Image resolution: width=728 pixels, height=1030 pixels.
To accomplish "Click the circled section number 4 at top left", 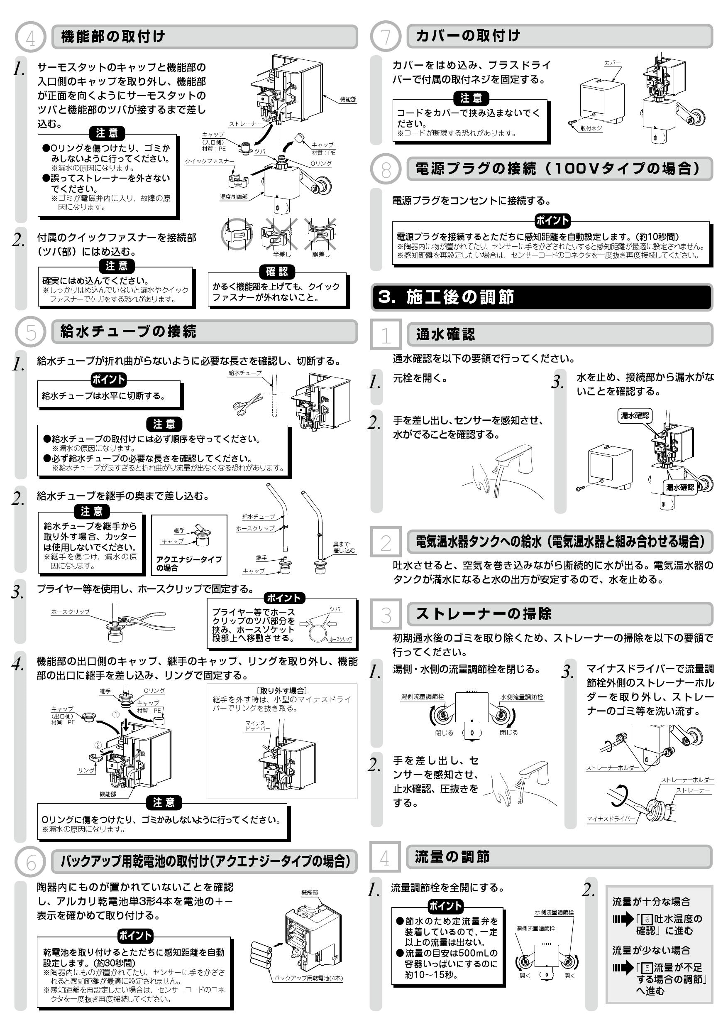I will [30, 37].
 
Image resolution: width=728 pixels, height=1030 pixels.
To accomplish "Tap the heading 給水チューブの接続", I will [128, 331].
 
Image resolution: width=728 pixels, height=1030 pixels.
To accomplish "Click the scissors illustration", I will [247, 403].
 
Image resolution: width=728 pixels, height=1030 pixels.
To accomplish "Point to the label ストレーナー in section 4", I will [245, 124].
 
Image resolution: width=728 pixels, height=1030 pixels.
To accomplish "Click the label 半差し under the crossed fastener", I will [281, 254].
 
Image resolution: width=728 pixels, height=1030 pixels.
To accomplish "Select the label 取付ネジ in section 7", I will [591, 128].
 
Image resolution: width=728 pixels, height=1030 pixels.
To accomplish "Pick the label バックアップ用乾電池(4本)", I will [308, 978].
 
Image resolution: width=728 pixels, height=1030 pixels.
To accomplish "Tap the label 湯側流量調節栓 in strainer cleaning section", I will [422, 696].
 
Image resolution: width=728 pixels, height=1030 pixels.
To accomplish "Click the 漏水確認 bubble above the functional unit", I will [634, 415].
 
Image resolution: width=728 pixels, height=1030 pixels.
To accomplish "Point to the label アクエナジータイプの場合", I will [189, 564].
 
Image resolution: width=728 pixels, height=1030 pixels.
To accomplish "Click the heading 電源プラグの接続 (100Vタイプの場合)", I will [559, 169].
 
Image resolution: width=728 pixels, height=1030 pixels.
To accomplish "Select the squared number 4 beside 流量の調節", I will [385, 857].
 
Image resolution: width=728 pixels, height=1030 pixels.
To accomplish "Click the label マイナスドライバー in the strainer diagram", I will [611, 819].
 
